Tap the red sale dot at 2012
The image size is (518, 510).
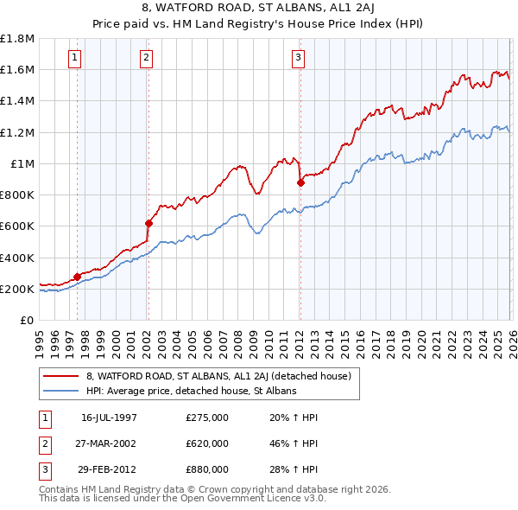[300, 182]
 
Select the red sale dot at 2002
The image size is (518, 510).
[148, 223]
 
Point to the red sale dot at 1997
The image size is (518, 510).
[78, 277]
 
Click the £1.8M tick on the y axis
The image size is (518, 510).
[17, 39]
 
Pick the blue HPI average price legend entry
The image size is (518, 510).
[191, 391]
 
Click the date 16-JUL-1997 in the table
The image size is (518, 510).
[110, 418]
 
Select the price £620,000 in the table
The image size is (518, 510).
[207, 443]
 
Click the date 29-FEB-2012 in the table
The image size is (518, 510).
[110, 469]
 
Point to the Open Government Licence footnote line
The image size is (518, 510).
[183, 499]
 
